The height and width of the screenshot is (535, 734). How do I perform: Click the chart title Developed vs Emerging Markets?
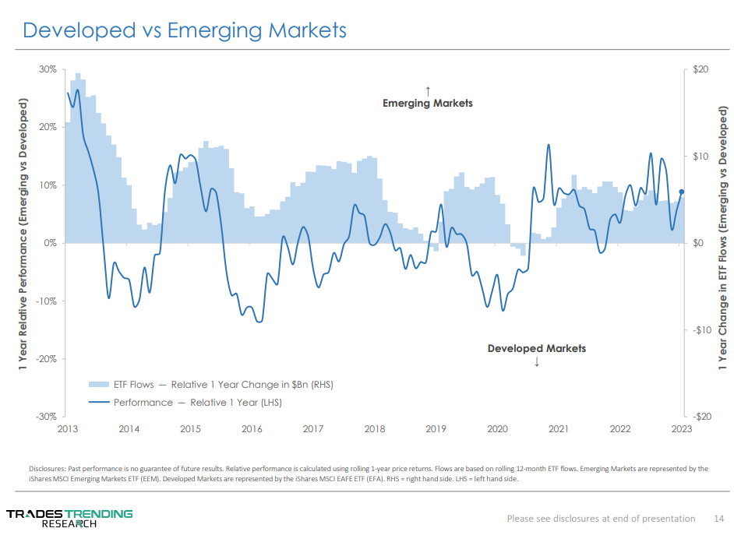185,30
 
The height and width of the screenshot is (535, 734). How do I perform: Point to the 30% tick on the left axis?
48,69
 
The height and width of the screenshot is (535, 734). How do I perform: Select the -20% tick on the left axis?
46,359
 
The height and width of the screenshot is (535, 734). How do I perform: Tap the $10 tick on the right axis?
700,157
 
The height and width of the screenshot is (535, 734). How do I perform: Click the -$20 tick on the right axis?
699,417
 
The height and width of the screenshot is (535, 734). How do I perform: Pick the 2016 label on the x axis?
252,429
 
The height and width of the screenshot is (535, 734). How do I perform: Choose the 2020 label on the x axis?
497,429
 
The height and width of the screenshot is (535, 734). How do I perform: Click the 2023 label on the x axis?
681,429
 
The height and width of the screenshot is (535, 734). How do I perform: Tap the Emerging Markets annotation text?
427,103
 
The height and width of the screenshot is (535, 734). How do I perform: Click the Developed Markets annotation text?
536,348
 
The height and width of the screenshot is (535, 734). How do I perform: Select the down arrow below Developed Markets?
537,362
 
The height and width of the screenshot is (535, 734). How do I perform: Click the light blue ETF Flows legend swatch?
98,384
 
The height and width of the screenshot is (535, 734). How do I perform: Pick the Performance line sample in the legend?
98,403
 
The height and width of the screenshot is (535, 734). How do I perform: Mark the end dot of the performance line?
682,192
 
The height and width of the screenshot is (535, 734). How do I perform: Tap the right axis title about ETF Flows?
722,243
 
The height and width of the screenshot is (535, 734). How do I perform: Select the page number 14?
719,519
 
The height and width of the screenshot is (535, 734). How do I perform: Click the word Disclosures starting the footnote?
48,469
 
